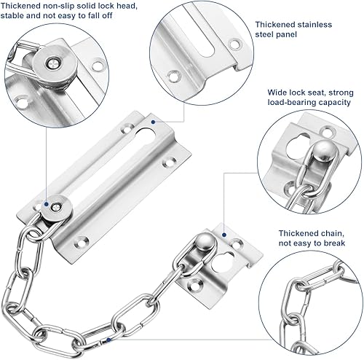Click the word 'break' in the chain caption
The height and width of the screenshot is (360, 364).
(x=333, y=243)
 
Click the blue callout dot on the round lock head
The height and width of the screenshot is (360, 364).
(x=46, y=205)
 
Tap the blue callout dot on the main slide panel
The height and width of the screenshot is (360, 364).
(x=153, y=122)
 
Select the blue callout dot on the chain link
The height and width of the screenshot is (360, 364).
(x=108, y=340)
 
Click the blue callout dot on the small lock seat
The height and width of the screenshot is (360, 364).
(x=224, y=235)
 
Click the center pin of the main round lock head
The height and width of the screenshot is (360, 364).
(x=55, y=207)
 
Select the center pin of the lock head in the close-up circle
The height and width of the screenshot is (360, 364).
(x=53, y=63)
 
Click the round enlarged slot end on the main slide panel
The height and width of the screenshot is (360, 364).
(x=146, y=136)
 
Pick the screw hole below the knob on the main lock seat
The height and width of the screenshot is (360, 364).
(x=195, y=283)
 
